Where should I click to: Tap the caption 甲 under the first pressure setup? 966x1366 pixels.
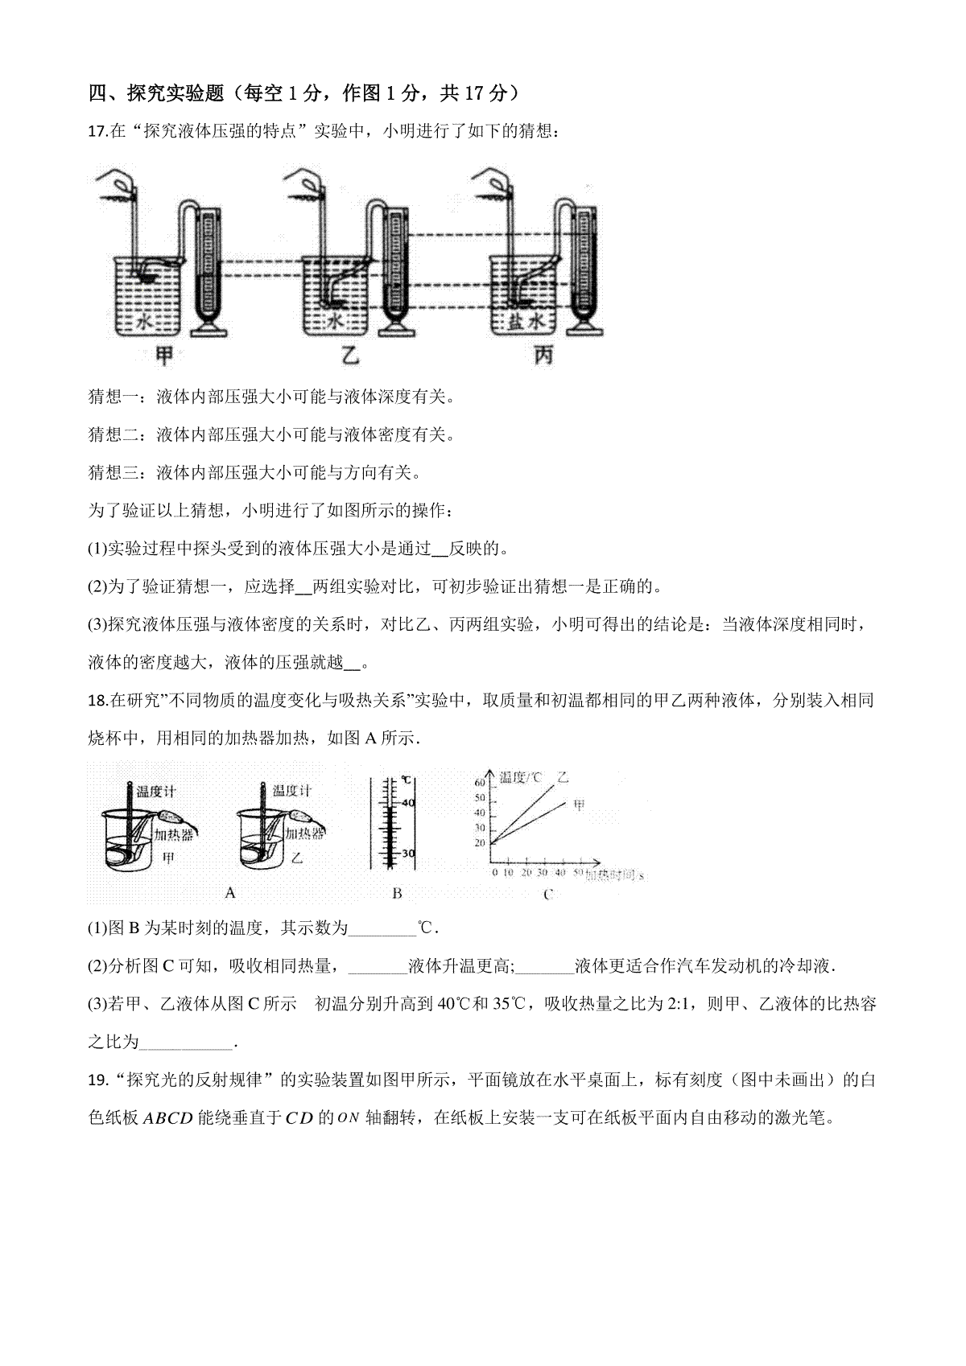[x=165, y=355]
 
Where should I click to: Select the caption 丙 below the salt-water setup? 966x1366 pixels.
[x=544, y=355]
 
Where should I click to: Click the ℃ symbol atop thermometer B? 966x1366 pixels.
[x=407, y=780]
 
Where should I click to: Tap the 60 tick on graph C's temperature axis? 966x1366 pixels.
[x=480, y=783]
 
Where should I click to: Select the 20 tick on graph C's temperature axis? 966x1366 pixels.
[x=480, y=843]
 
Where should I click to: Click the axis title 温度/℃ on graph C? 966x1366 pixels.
[x=521, y=777]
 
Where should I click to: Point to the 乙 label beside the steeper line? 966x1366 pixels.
[x=563, y=777]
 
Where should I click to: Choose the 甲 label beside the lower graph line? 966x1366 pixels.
[x=579, y=804]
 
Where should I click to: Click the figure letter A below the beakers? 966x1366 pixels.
[x=231, y=892]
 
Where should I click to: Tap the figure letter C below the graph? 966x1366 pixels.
[x=548, y=894]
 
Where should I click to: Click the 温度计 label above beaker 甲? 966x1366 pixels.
[x=156, y=792]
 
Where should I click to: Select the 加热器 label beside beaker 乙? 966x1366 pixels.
[x=306, y=833]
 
